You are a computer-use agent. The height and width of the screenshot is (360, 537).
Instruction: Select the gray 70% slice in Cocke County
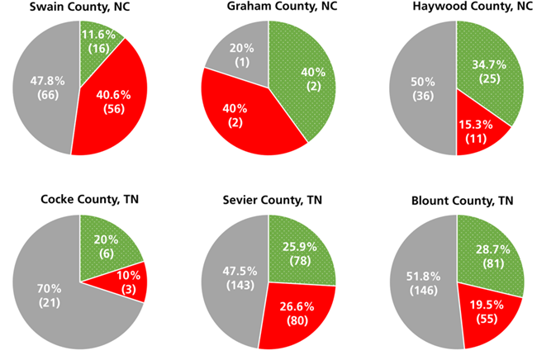(50, 293)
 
